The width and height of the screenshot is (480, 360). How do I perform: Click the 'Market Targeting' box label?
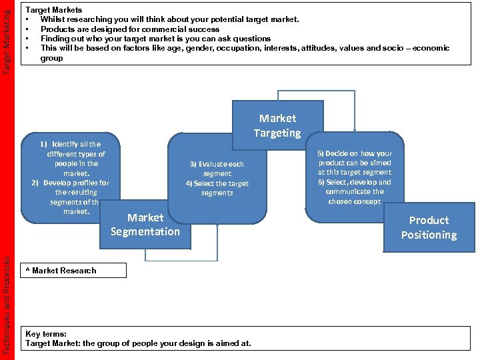tap(277, 125)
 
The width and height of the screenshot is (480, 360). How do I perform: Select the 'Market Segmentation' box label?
tap(145, 225)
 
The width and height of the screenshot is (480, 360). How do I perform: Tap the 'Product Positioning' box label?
tap(429, 227)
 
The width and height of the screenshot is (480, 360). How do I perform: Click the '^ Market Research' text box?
tap(73, 270)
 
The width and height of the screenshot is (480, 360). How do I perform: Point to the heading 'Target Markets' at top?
tap(53, 10)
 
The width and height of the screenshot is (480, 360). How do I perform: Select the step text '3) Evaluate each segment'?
tap(217, 169)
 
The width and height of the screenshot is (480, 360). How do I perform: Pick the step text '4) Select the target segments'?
tap(217, 188)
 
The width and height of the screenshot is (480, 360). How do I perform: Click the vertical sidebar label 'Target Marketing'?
tap(7, 37)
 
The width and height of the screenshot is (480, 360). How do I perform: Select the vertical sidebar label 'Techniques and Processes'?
tap(7, 304)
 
